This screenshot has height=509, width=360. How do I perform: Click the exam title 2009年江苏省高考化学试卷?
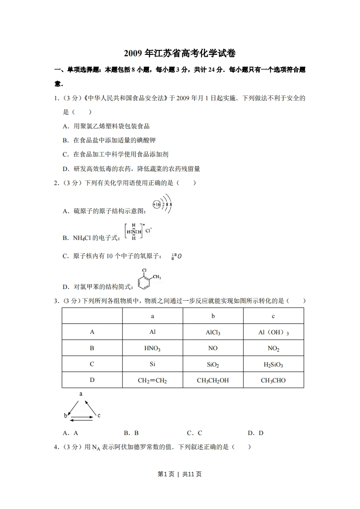180,54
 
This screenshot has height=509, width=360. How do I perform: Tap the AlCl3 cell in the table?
213,333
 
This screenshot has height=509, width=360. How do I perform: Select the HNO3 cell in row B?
153,348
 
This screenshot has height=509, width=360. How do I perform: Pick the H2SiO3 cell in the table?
273,364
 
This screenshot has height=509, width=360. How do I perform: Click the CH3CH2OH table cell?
213,381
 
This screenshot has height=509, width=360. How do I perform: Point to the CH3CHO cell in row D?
273,381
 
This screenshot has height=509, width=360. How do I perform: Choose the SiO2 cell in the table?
213,364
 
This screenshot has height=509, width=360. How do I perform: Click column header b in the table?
213,316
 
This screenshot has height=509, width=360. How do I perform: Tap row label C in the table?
92,364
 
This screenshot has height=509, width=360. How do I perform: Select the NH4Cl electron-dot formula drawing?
138,231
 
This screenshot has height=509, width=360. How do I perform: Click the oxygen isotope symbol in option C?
177,256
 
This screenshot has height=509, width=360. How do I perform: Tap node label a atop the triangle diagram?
81,394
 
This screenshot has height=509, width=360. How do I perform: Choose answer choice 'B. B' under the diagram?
131,433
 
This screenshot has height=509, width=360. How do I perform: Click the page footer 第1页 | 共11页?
180,474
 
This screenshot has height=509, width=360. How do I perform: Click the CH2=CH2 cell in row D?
153,381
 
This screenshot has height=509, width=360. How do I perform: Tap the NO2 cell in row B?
273,348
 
